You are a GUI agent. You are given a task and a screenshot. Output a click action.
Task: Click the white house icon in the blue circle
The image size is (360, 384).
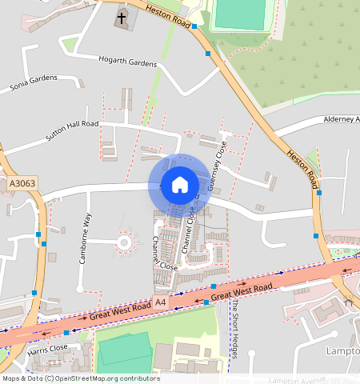180,184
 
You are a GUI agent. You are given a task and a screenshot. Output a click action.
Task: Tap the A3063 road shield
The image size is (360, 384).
22,184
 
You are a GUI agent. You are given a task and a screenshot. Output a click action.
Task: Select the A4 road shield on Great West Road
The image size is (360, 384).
162,302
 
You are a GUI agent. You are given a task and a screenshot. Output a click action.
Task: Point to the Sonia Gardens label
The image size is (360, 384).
34,82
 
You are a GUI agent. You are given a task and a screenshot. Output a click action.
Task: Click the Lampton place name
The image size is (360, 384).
343,351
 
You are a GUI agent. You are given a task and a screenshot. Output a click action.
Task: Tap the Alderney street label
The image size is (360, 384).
341,119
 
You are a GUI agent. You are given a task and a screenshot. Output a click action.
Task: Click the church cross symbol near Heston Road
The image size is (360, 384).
122,16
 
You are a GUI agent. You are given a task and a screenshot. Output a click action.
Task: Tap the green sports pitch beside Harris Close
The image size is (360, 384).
123,350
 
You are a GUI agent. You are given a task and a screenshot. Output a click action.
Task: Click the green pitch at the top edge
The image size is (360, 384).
240,13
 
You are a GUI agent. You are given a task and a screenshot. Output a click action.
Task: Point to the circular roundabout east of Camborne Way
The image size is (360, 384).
124,241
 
